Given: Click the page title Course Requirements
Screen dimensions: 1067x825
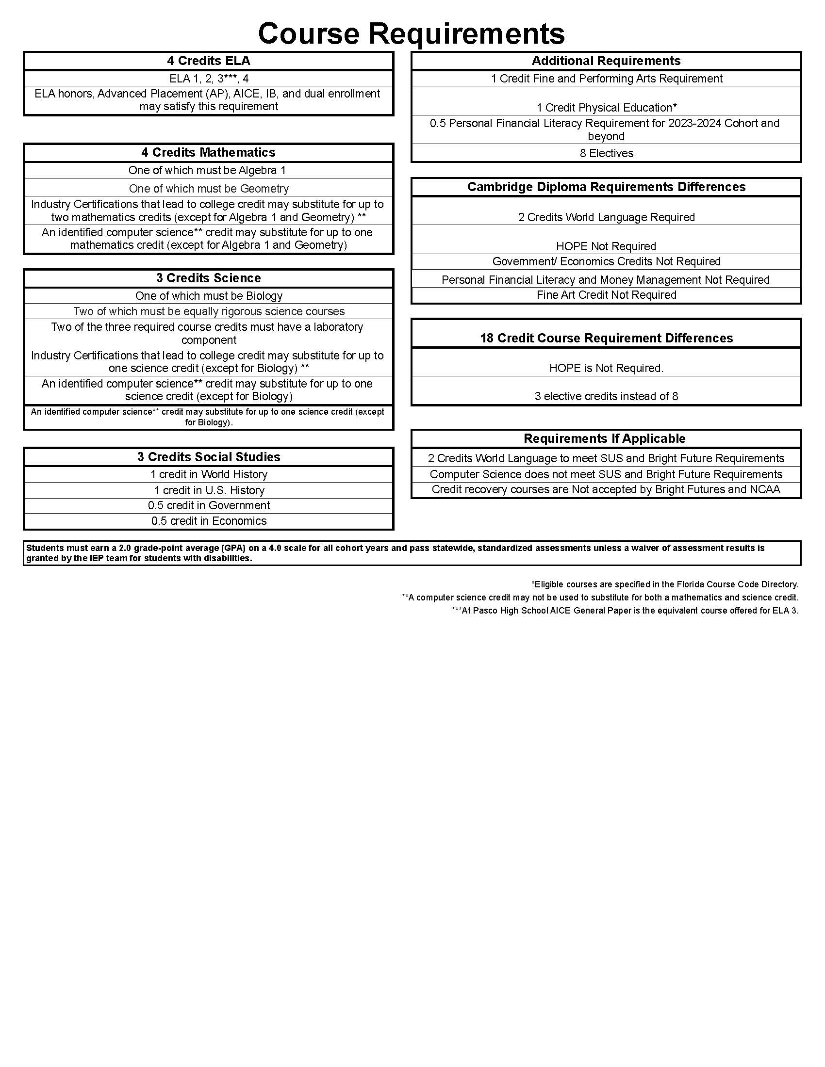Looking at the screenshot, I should click(411, 33).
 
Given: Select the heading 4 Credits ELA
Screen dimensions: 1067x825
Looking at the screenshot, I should click(209, 61).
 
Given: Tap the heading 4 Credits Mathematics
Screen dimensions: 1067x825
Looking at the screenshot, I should click(209, 152).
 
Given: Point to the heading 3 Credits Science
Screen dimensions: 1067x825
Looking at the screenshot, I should click(209, 278).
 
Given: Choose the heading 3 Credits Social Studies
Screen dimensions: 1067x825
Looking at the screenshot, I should click(209, 457).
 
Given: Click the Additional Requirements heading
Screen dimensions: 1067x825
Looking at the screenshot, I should click(606, 61).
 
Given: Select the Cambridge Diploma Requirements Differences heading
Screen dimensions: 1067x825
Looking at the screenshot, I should click(606, 187).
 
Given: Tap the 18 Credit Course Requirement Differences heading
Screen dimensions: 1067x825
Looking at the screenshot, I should click(606, 338).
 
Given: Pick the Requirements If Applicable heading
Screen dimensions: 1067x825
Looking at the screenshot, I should click(605, 438).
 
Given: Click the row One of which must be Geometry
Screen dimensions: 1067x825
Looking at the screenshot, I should click(209, 189).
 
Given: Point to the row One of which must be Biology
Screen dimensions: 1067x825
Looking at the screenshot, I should click(209, 296).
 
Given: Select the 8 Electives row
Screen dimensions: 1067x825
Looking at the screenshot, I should click(606, 153).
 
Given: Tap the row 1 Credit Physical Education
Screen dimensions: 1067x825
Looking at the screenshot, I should click(606, 108).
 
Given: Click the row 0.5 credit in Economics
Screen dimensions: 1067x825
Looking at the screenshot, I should click(209, 521).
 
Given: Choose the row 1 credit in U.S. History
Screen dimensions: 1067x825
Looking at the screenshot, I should click(209, 490).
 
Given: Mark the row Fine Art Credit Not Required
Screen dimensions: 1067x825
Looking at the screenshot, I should click(606, 295).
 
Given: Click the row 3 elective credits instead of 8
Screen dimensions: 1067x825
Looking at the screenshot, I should click(606, 396).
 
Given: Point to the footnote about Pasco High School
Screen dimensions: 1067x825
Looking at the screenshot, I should click(625, 611).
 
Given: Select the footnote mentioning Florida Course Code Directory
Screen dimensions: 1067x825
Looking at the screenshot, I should click(665, 584).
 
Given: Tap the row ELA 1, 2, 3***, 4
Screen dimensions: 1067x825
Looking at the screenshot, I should click(209, 79).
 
